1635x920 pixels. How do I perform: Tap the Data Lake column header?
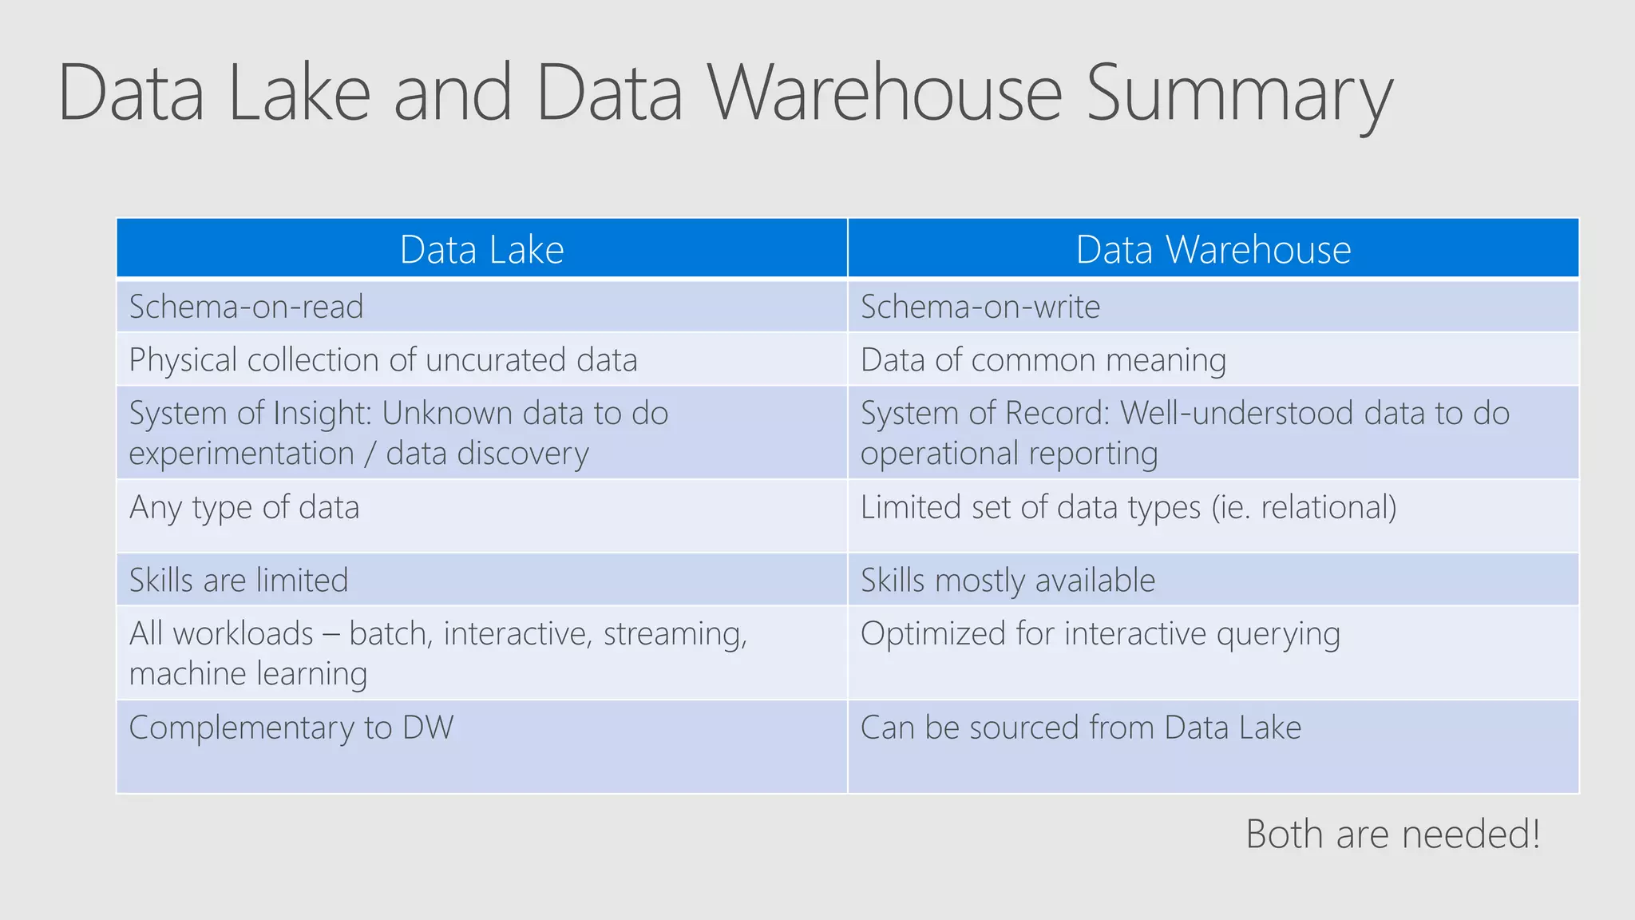481,250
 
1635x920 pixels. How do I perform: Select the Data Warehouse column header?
1213,250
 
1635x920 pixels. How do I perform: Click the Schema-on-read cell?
247,307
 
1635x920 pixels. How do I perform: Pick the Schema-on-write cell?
980,307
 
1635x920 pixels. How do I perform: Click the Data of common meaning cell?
1043,360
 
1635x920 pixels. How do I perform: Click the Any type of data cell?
244,508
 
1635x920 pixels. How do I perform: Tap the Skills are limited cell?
239,581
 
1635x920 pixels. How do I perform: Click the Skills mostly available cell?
1008,581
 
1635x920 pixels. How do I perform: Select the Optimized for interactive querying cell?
1099,634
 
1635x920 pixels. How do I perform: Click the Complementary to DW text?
291,728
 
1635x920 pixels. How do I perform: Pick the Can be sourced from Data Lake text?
1080,728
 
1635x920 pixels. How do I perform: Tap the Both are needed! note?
1392,835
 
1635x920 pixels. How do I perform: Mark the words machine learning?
248,674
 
